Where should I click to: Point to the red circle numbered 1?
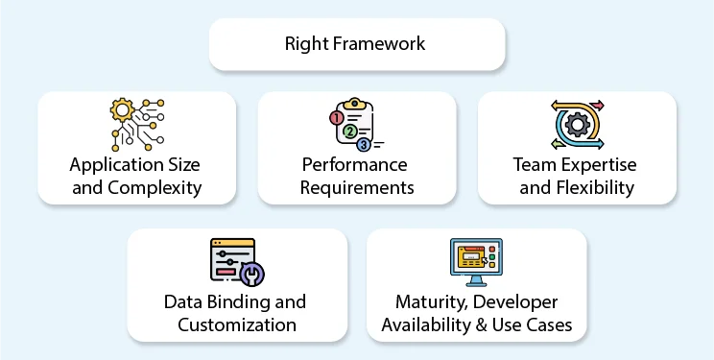pos(336,118)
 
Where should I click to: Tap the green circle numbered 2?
pos(350,131)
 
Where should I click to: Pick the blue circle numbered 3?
pos(363,145)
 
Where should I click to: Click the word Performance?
pos(356,164)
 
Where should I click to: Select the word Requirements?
pos(357,187)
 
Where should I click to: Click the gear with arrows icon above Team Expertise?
pos(577,124)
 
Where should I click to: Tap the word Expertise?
pos(597,164)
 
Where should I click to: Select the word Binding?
pos(252,301)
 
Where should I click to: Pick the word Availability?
pos(428,324)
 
